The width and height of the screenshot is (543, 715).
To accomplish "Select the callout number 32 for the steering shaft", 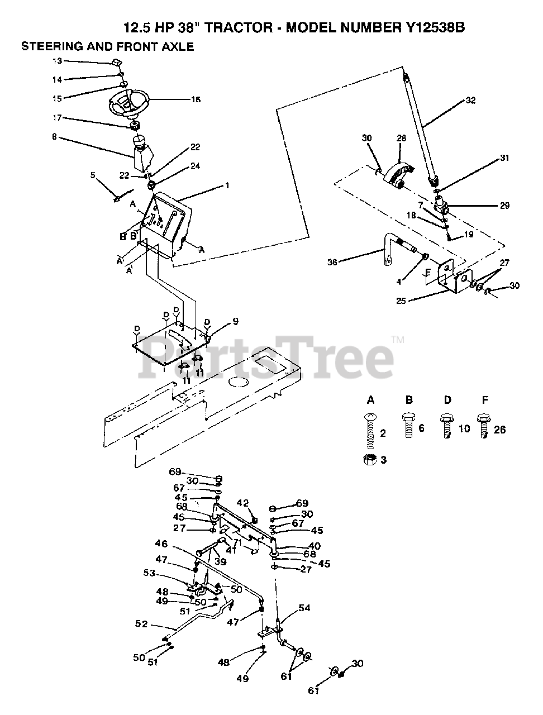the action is [470, 102].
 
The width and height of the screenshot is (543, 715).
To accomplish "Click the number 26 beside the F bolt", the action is [499, 430].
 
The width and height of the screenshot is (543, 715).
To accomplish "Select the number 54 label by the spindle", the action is [304, 608].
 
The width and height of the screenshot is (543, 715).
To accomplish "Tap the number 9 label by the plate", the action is [235, 321].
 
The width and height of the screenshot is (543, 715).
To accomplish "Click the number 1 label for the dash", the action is [227, 185].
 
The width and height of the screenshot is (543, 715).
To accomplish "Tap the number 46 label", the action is [161, 543].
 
